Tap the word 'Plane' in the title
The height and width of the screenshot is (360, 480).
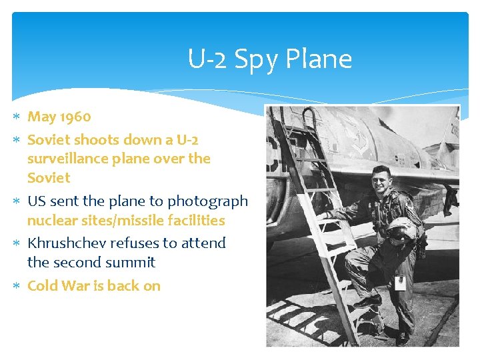pyautogui.click(x=319, y=59)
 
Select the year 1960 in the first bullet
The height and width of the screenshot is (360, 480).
pyautogui.click(x=75, y=117)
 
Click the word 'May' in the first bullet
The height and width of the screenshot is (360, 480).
pyautogui.click(x=41, y=117)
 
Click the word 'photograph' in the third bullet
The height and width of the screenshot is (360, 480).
pyautogui.click(x=207, y=201)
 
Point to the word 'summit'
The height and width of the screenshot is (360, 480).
pyautogui.click(x=130, y=263)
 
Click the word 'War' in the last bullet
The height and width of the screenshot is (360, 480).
pyautogui.click(x=75, y=286)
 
